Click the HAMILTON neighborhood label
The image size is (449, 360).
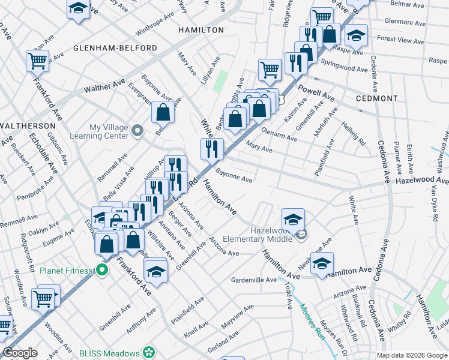[201, 30]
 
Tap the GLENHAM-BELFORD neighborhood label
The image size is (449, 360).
[115, 48]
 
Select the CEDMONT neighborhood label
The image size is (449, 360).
[376, 98]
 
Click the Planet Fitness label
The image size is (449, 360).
[67, 271]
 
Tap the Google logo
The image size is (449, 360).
[20, 353]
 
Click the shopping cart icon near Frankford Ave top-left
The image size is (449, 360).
[37, 60]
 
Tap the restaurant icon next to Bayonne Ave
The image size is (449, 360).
[212, 148]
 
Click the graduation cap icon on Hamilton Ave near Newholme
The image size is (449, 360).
[322, 263]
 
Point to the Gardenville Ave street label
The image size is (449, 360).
[255, 280]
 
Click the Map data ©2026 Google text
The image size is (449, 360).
[412, 355]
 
